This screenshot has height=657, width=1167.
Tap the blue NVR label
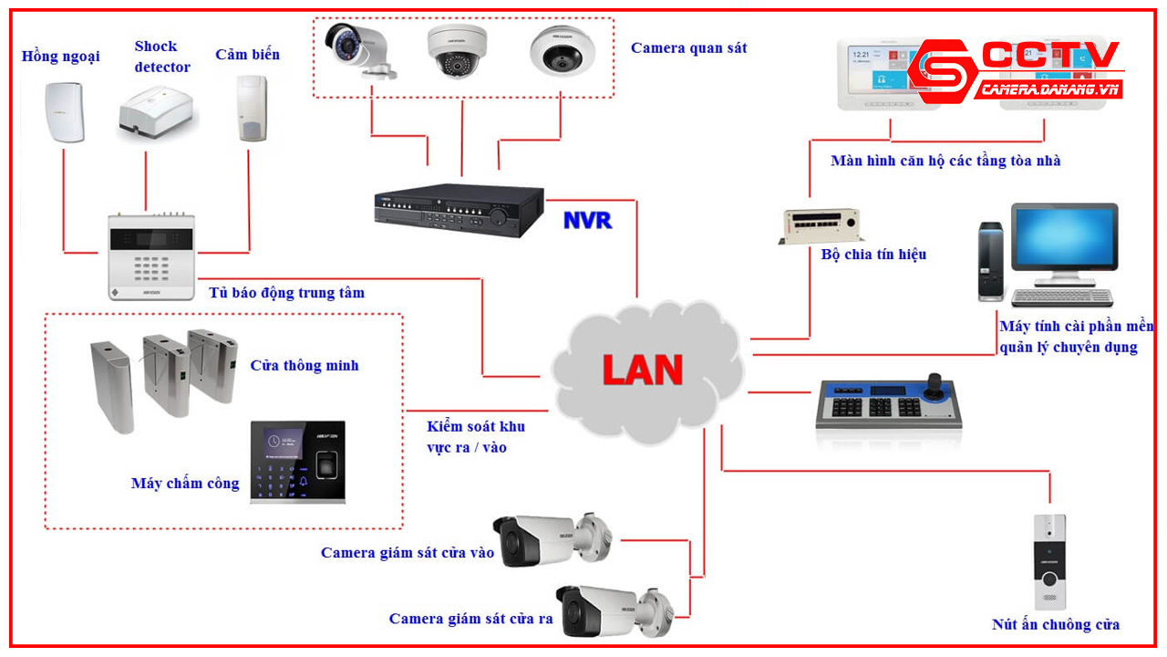(587, 220)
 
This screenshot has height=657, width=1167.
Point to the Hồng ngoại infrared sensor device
(64, 111)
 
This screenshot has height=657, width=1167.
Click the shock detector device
(156, 115)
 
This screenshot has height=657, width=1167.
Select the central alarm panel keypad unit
(150, 256)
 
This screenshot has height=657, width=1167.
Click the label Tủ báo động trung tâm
(286, 293)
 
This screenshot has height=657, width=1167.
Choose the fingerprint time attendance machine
(298, 462)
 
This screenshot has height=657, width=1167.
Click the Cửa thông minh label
(305, 366)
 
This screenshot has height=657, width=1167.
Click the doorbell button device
(1048, 562)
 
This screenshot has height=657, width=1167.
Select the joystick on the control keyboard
(935, 384)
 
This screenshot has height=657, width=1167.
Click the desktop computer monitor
(1063, 242)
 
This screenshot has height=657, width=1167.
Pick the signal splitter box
(820, 224)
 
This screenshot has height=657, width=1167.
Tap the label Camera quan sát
(688, 48)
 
